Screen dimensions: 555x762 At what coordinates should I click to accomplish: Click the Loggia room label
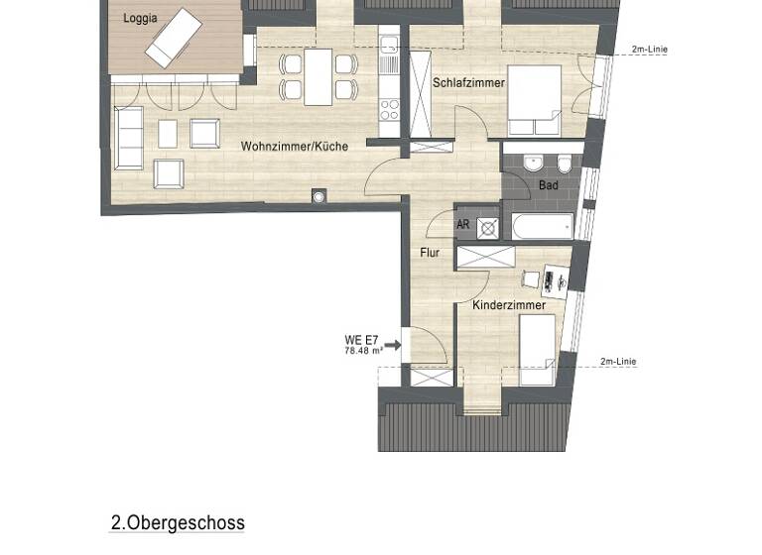point(141,18)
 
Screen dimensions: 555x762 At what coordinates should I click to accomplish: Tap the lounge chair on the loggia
point(174,38)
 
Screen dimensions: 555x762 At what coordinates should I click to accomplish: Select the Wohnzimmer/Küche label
point(294,147)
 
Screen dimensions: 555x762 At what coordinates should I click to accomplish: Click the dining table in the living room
point(317,76)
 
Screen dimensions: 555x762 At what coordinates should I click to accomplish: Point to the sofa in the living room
point(128,138)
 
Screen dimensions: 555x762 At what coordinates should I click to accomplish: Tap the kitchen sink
point(390,45)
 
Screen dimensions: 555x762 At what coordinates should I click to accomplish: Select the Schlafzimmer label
point(464,83)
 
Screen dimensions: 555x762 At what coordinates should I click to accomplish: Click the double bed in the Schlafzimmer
point(534,100)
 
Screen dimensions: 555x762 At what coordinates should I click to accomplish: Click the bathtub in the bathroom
point(542,226)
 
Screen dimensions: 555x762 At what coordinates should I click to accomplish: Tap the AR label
point(462,225)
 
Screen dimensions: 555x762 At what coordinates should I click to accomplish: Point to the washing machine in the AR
point(487,226)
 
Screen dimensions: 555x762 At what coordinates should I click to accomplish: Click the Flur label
point(429,253)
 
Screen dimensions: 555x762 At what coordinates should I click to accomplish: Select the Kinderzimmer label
point(508,305)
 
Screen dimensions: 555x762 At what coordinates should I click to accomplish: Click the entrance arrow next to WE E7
point(391,346)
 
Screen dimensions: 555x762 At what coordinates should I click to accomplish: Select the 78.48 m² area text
point(362,351)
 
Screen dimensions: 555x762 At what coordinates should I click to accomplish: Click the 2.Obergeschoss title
point(178,522)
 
